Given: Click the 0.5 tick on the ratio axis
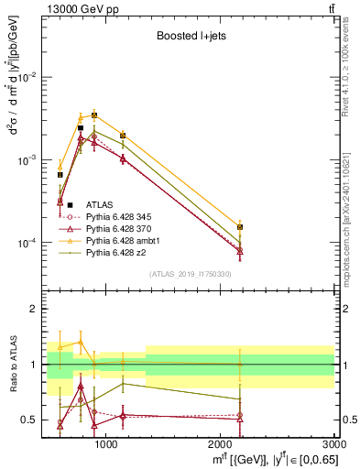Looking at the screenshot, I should (x=31, y=420).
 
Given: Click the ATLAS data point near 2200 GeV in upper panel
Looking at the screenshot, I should (x=240, y=226).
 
